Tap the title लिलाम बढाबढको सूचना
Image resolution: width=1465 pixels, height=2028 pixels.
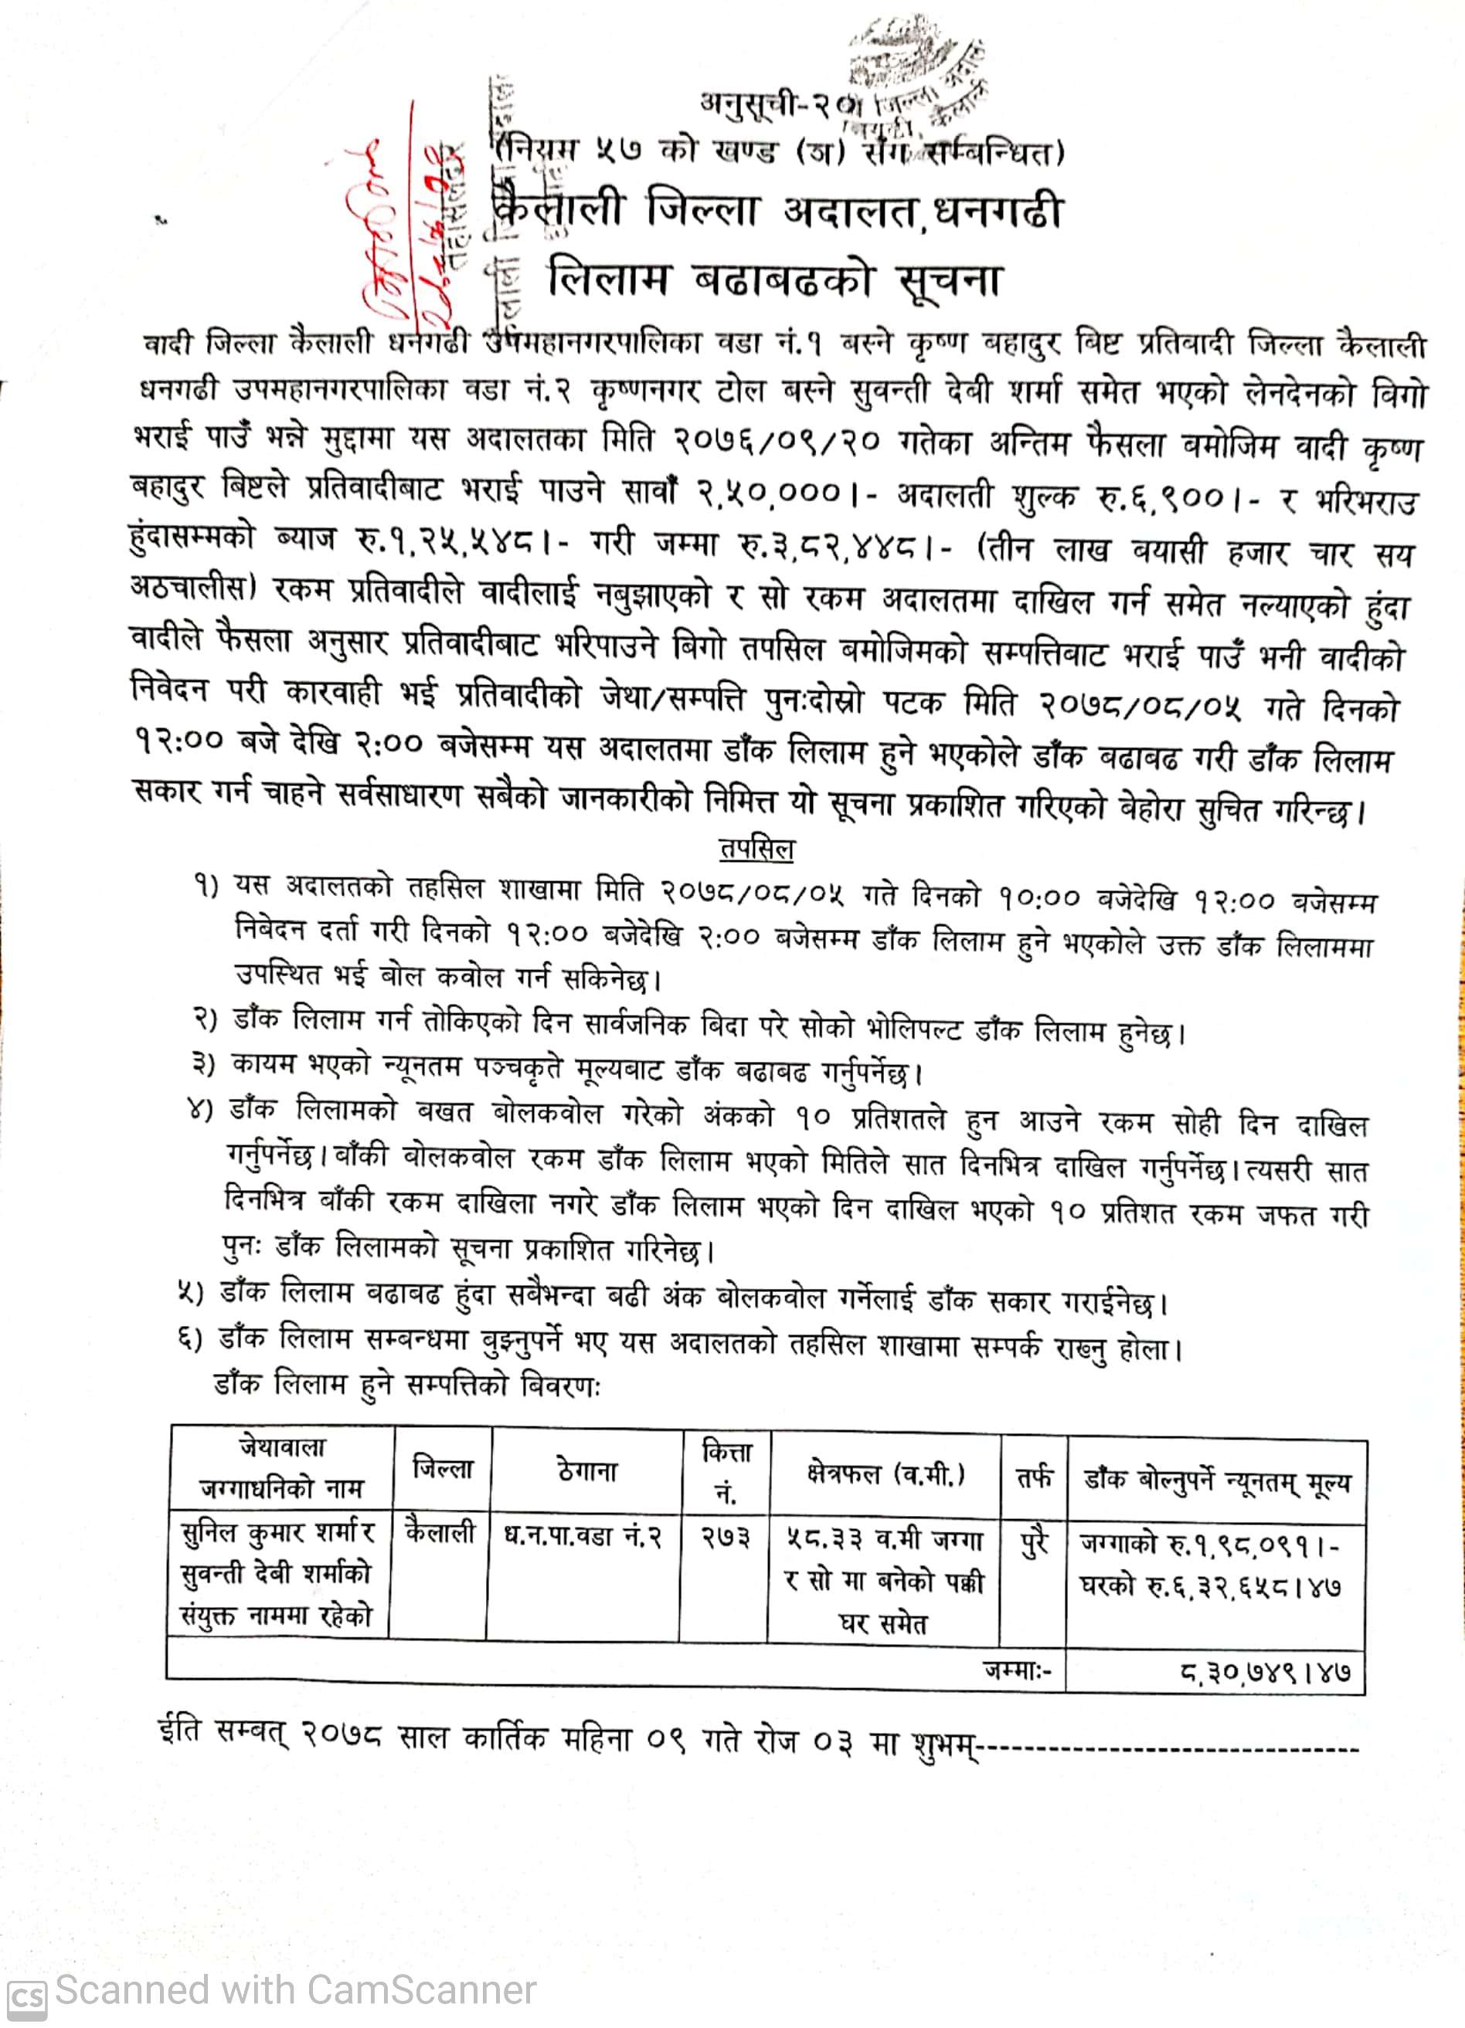click(x=774, y=280)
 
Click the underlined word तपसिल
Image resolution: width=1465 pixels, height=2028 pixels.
click(x=756, y=849)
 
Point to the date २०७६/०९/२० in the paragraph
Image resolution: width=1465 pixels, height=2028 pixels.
click(x=777, y=441)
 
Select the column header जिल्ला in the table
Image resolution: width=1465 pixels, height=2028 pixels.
click(x=443, y=1468)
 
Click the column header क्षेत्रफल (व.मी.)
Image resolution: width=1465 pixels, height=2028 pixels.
click(x=885, y=1474)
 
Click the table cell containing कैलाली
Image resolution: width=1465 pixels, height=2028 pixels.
click(x=440, y=1534)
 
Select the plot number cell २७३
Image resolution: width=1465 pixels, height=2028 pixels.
click(x=725, y=1537)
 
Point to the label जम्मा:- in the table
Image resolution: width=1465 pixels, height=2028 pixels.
click(x=1018, y=1669)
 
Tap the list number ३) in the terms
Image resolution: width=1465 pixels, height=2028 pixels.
click(x=204, y=1064)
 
